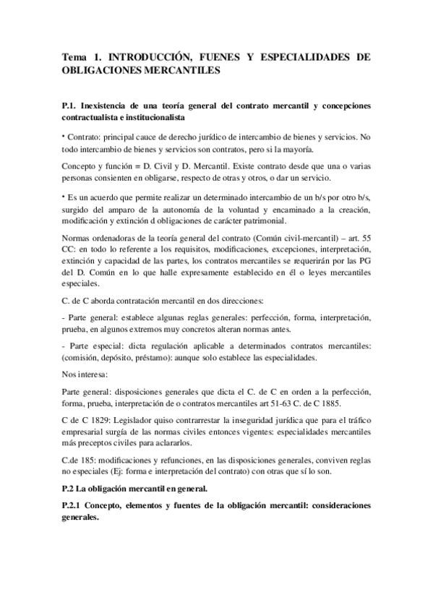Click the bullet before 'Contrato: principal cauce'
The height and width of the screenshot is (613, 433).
pos(64,135)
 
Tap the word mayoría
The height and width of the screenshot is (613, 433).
pos(297,150)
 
